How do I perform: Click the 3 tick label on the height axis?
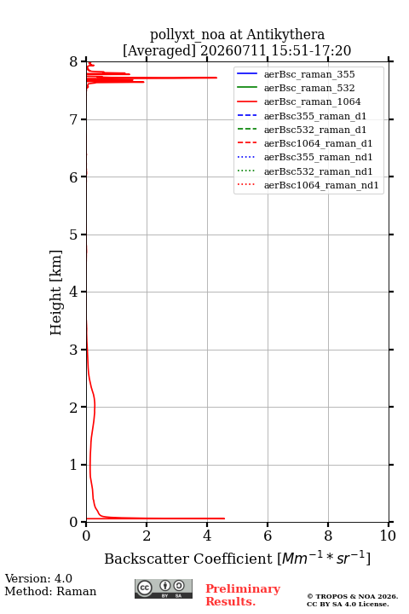click(x=73, y=350)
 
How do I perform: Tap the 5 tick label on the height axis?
click(x=73, y=235)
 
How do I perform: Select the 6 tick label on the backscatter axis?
click(x=268, y=536)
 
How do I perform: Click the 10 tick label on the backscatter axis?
click(x=389, y=536)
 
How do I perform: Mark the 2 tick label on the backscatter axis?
click(x=147, y=536)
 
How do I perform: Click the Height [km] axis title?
click(x=56, y=293)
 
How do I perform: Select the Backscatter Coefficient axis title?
click(x=237, y=559)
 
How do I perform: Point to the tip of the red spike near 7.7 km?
click(x=216, y=78)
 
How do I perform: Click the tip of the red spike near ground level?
click(x=225, y=518)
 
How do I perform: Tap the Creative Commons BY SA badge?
click(x=164, y=588)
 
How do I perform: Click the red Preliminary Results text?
click(x=243, y=595)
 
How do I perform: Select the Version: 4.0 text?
click(x=38, y=578)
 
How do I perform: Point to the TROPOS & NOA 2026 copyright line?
click(x=352, y=596)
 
